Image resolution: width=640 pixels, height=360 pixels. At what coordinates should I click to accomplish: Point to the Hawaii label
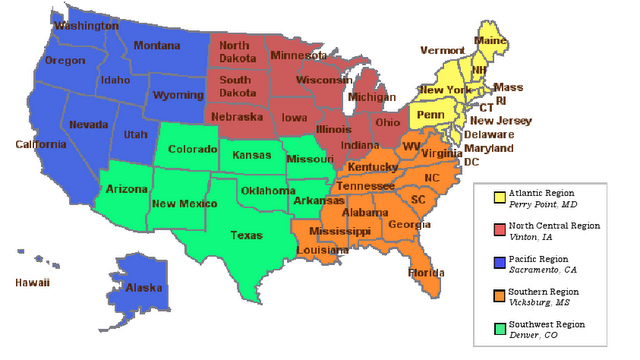pos(32,283)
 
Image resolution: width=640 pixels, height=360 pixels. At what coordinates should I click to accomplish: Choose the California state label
pos(40,144)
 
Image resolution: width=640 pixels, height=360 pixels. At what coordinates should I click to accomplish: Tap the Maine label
pos(489,40)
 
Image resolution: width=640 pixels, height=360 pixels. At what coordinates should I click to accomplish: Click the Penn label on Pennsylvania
pos(430,115)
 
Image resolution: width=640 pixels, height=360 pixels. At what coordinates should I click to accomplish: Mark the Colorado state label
pos(192,151)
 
